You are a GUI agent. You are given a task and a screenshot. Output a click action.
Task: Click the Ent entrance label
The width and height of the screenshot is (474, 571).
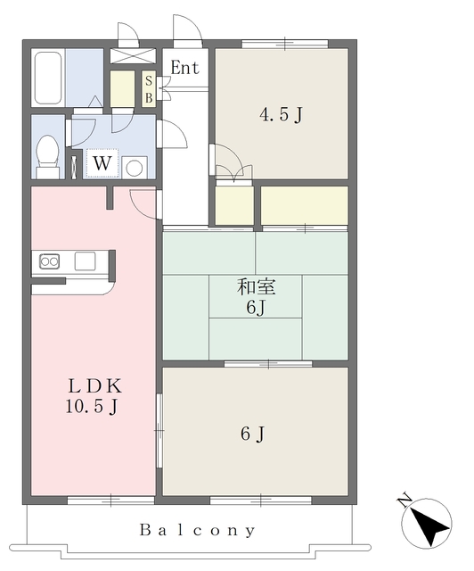tap(184, 68)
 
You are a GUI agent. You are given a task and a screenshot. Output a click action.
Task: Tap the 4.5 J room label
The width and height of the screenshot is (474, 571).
tap(281, 115)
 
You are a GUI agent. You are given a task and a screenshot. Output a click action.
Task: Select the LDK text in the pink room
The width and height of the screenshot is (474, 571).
tap(95, 386)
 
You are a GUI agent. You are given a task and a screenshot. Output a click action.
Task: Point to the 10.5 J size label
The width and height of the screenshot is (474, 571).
tap(92, 407)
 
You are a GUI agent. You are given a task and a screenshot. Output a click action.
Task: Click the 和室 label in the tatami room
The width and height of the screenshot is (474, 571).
tap(256, 286)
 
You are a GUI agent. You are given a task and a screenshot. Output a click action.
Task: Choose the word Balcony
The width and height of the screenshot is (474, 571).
tap(198, 530)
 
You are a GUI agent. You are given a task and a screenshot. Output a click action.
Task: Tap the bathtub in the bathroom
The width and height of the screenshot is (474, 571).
tap(47, 78)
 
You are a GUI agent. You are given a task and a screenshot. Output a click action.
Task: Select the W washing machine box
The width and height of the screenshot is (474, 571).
tap(102, 162)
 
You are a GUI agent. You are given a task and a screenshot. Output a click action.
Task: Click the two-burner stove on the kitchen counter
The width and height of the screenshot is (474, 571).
tap(50, 261)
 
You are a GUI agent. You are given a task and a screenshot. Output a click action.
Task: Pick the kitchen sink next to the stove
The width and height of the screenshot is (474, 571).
tap(86, 261)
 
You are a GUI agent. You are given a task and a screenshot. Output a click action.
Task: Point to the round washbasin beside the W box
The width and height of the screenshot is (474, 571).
tap(135, 168)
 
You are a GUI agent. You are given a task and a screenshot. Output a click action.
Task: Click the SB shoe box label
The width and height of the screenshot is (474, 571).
tap(149, 89)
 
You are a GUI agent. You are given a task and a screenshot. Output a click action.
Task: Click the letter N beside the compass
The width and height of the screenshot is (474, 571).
tap(405, 501)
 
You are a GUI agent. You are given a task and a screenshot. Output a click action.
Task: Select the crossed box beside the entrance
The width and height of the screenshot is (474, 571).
tap(133, 56)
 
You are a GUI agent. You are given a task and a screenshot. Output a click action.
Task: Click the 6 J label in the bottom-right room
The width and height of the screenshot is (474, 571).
tap(252, 434)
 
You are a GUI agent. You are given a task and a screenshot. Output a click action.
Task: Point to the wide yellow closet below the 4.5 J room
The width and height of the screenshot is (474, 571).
tap(305, 206)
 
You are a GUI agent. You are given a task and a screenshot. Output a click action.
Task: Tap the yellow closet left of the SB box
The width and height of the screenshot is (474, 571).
tap(122, 89)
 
